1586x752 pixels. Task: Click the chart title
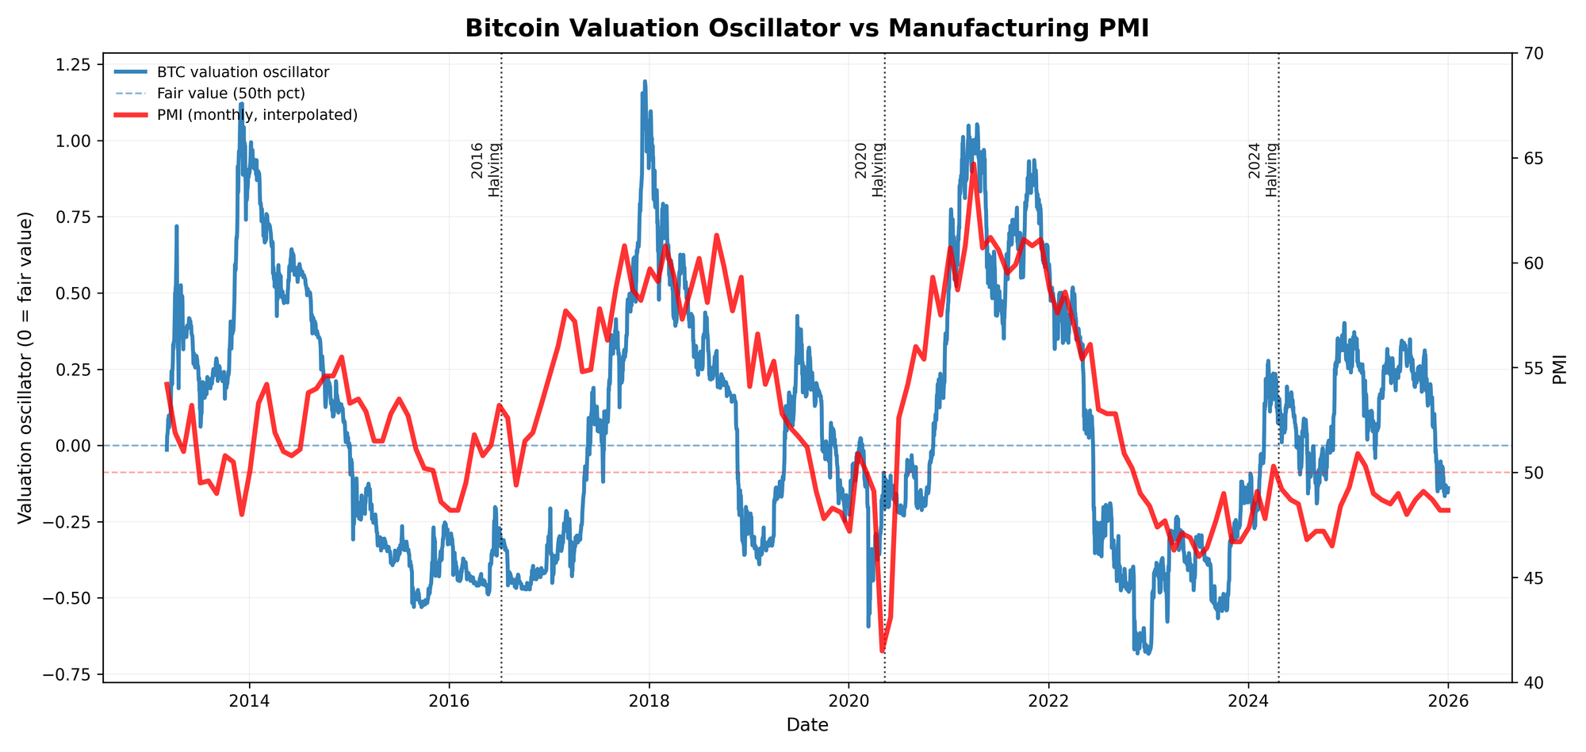[x=806, y=28]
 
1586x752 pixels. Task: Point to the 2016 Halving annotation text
[x=485, y=170]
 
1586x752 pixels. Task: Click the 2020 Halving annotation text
[x=869, y=170]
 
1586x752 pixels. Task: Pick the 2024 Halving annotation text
[x=1262, y=170]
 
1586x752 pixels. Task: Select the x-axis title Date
[x=806, y=724]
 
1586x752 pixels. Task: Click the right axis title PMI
[x=1560, y=367]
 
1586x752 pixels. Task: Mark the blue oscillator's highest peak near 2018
[x=645, y=81]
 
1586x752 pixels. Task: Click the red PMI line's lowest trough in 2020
[x=883, y=651]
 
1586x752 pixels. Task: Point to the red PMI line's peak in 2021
[x=974, y=164]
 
